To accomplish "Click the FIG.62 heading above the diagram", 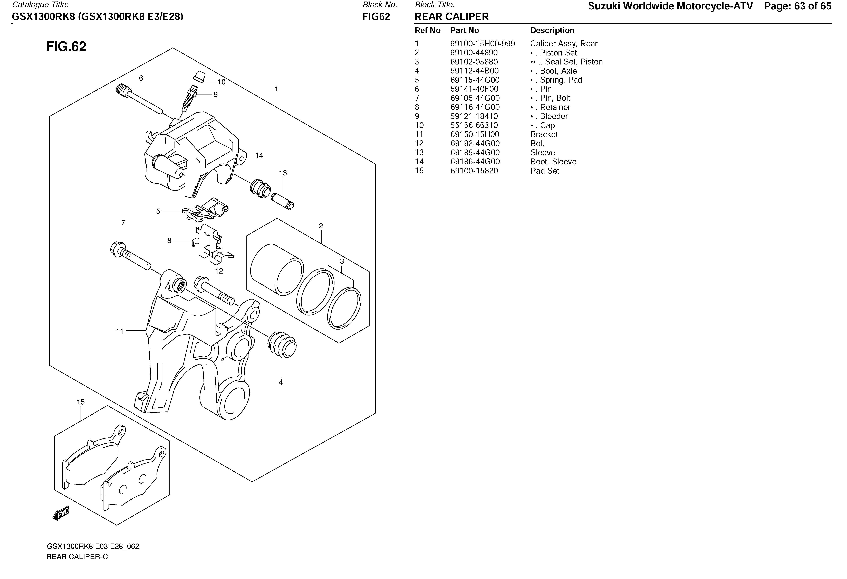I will pos(66,47).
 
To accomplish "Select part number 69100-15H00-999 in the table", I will pos(482,44).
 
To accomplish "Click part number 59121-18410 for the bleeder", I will pos(474,116).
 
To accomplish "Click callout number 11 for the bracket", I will pos(120,331).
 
